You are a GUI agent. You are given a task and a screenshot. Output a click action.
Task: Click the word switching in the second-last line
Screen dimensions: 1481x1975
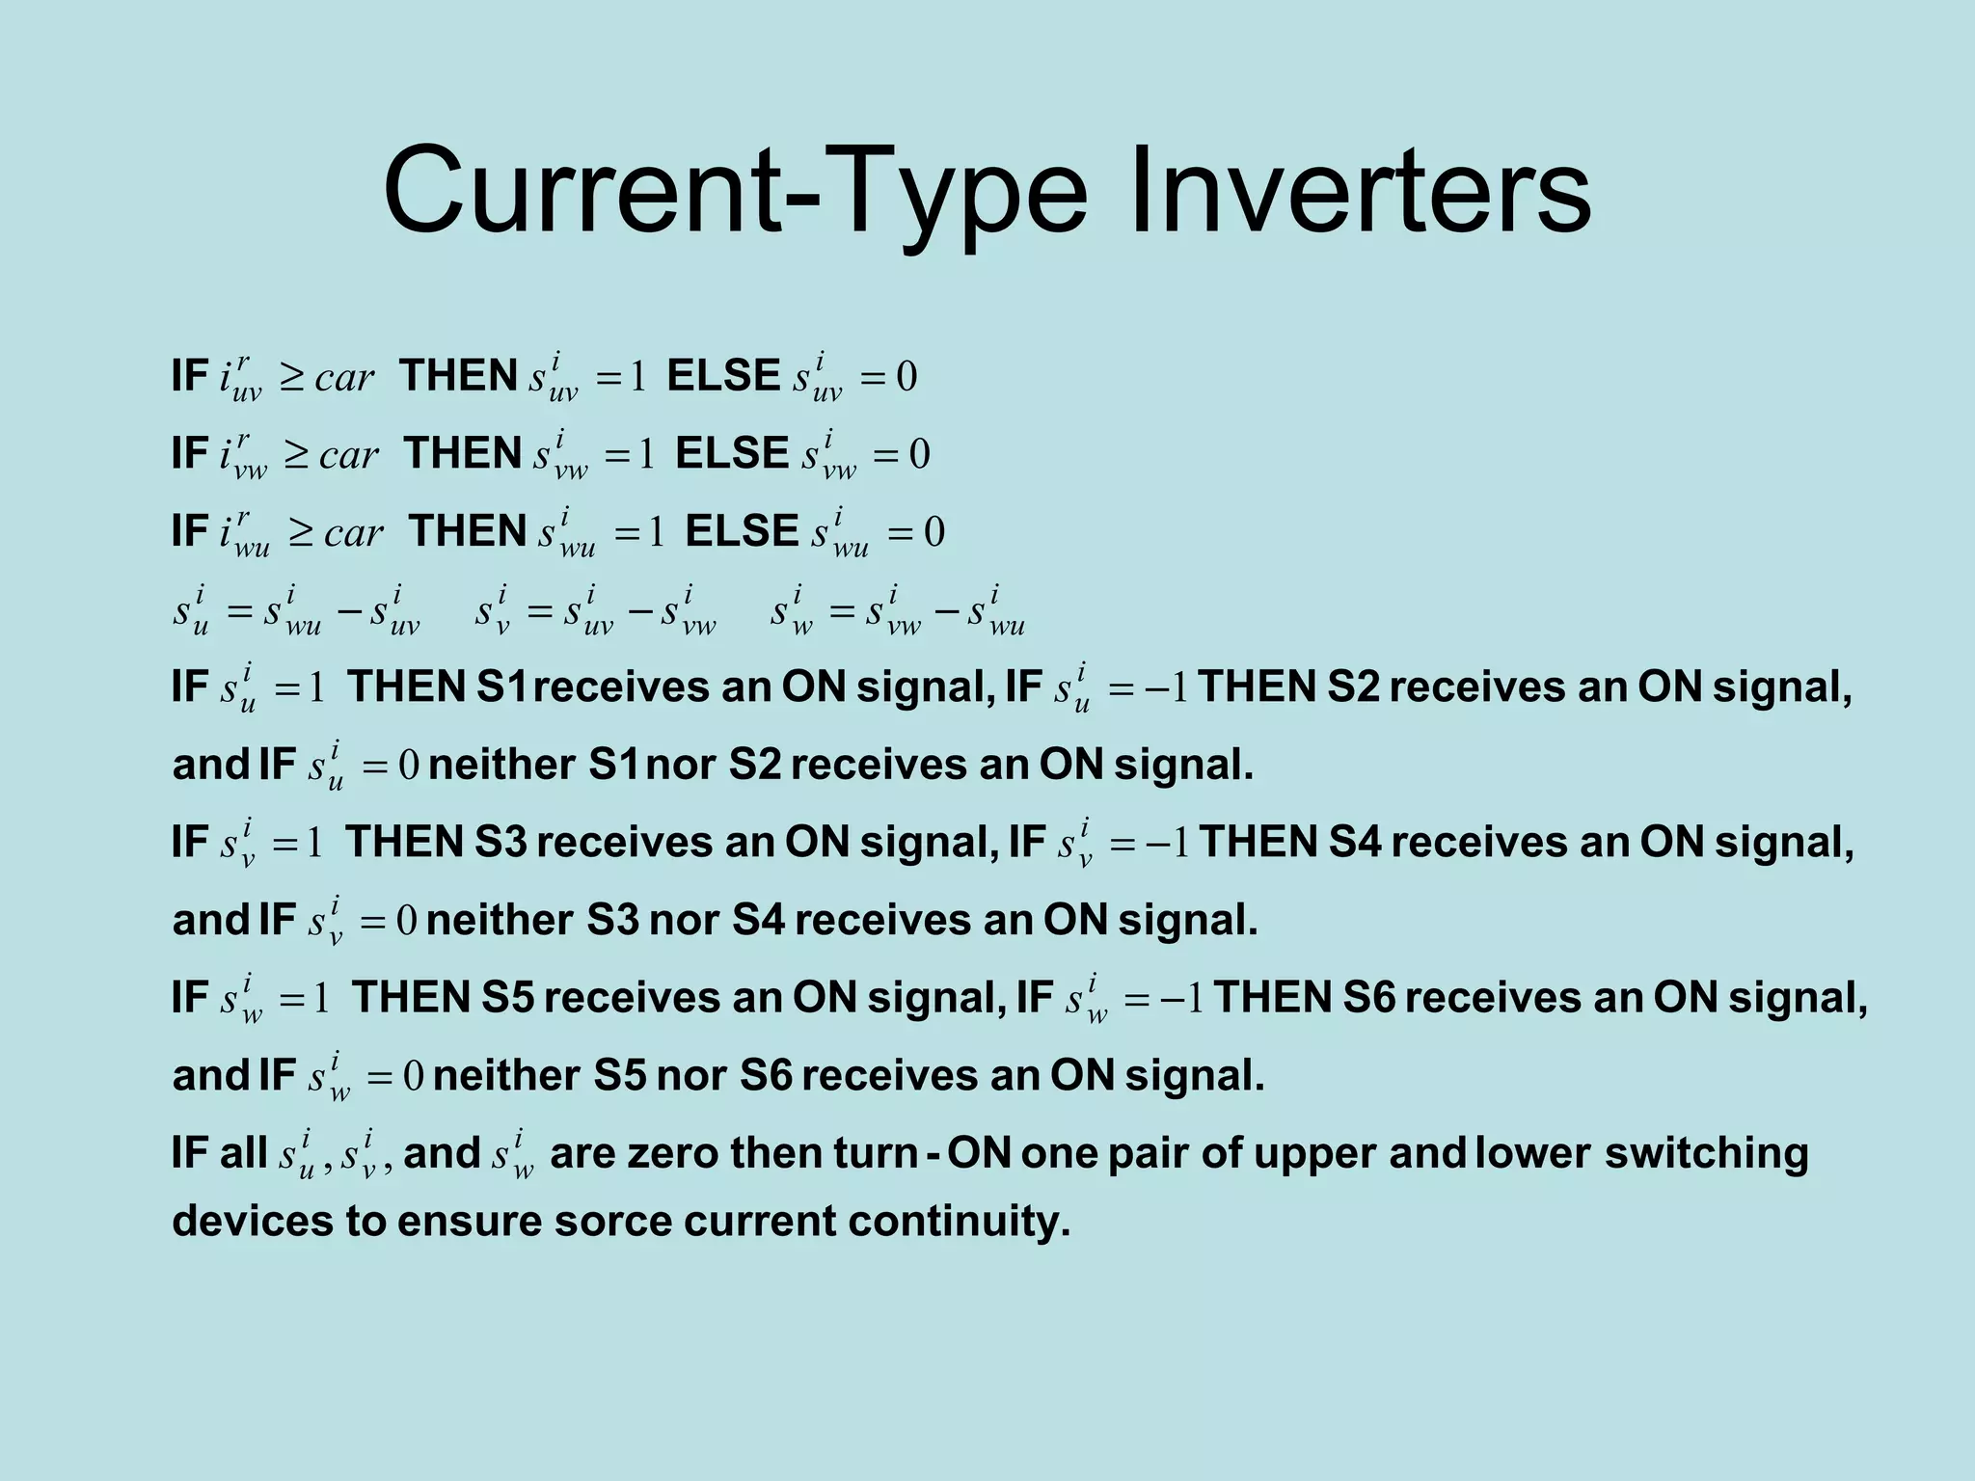tap(1706, 1154)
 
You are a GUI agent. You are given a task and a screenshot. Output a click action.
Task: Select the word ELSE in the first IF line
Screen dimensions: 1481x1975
tap(723, 376)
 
